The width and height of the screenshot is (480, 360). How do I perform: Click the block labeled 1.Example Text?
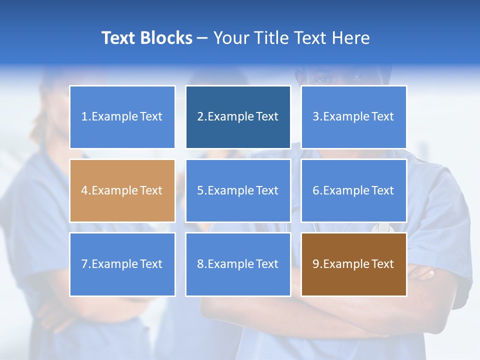pos(122,117)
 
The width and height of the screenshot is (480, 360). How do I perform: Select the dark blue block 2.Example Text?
pos(238,117)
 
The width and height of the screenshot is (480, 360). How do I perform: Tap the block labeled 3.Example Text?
pos(353,117)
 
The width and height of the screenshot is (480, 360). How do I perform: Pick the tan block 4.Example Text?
pos(122,190)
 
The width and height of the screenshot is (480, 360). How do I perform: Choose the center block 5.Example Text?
pos(238,190)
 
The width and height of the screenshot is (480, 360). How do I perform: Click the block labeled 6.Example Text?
pos(353,190)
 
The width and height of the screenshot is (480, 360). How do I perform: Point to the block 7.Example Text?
pos(122,264)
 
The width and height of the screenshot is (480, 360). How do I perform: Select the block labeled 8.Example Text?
pos(238,264)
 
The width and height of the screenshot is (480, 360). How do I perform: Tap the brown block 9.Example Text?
pos(353,264)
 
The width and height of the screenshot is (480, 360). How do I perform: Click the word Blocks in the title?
pos(165,38)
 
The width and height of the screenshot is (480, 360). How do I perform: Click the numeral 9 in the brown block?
pos(316,264)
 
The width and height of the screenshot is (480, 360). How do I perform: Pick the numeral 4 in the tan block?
pos(84,190)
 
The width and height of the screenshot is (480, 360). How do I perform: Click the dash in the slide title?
pos(202,38)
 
